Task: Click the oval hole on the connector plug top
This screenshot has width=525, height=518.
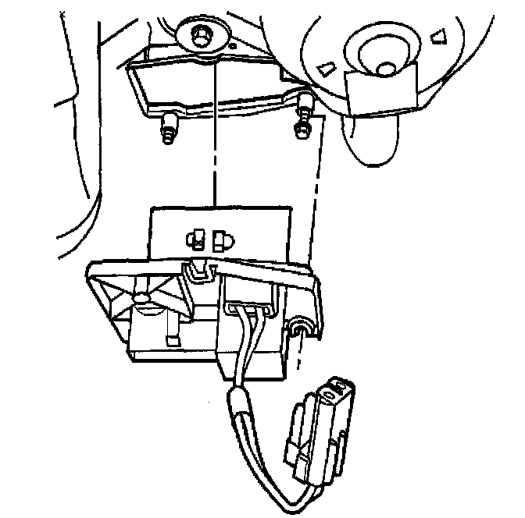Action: (x=339, y=385)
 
